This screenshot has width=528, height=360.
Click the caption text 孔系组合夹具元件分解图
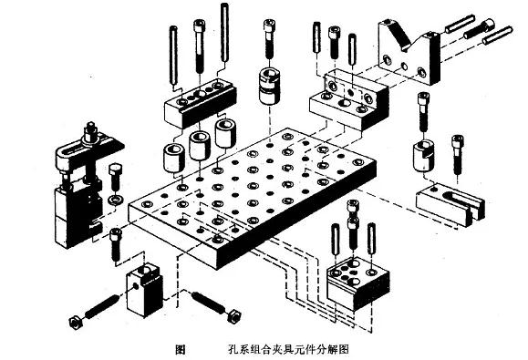point(289,349)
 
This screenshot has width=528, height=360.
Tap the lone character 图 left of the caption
point(180,349)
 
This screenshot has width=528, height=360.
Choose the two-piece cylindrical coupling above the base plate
point(273,85)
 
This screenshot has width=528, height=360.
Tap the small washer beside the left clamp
point(115,197)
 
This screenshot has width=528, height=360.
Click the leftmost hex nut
point(72,321)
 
